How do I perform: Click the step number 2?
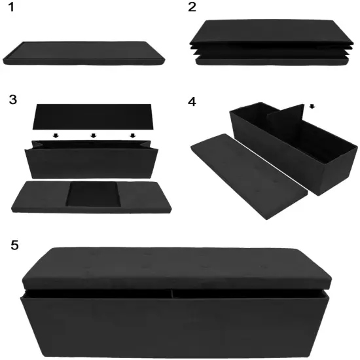click(x=192, y=9)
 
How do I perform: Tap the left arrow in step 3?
click(x=56, y=135)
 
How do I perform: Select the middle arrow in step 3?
click(x=94, y=135)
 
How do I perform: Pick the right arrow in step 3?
click(x=133, y=135)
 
